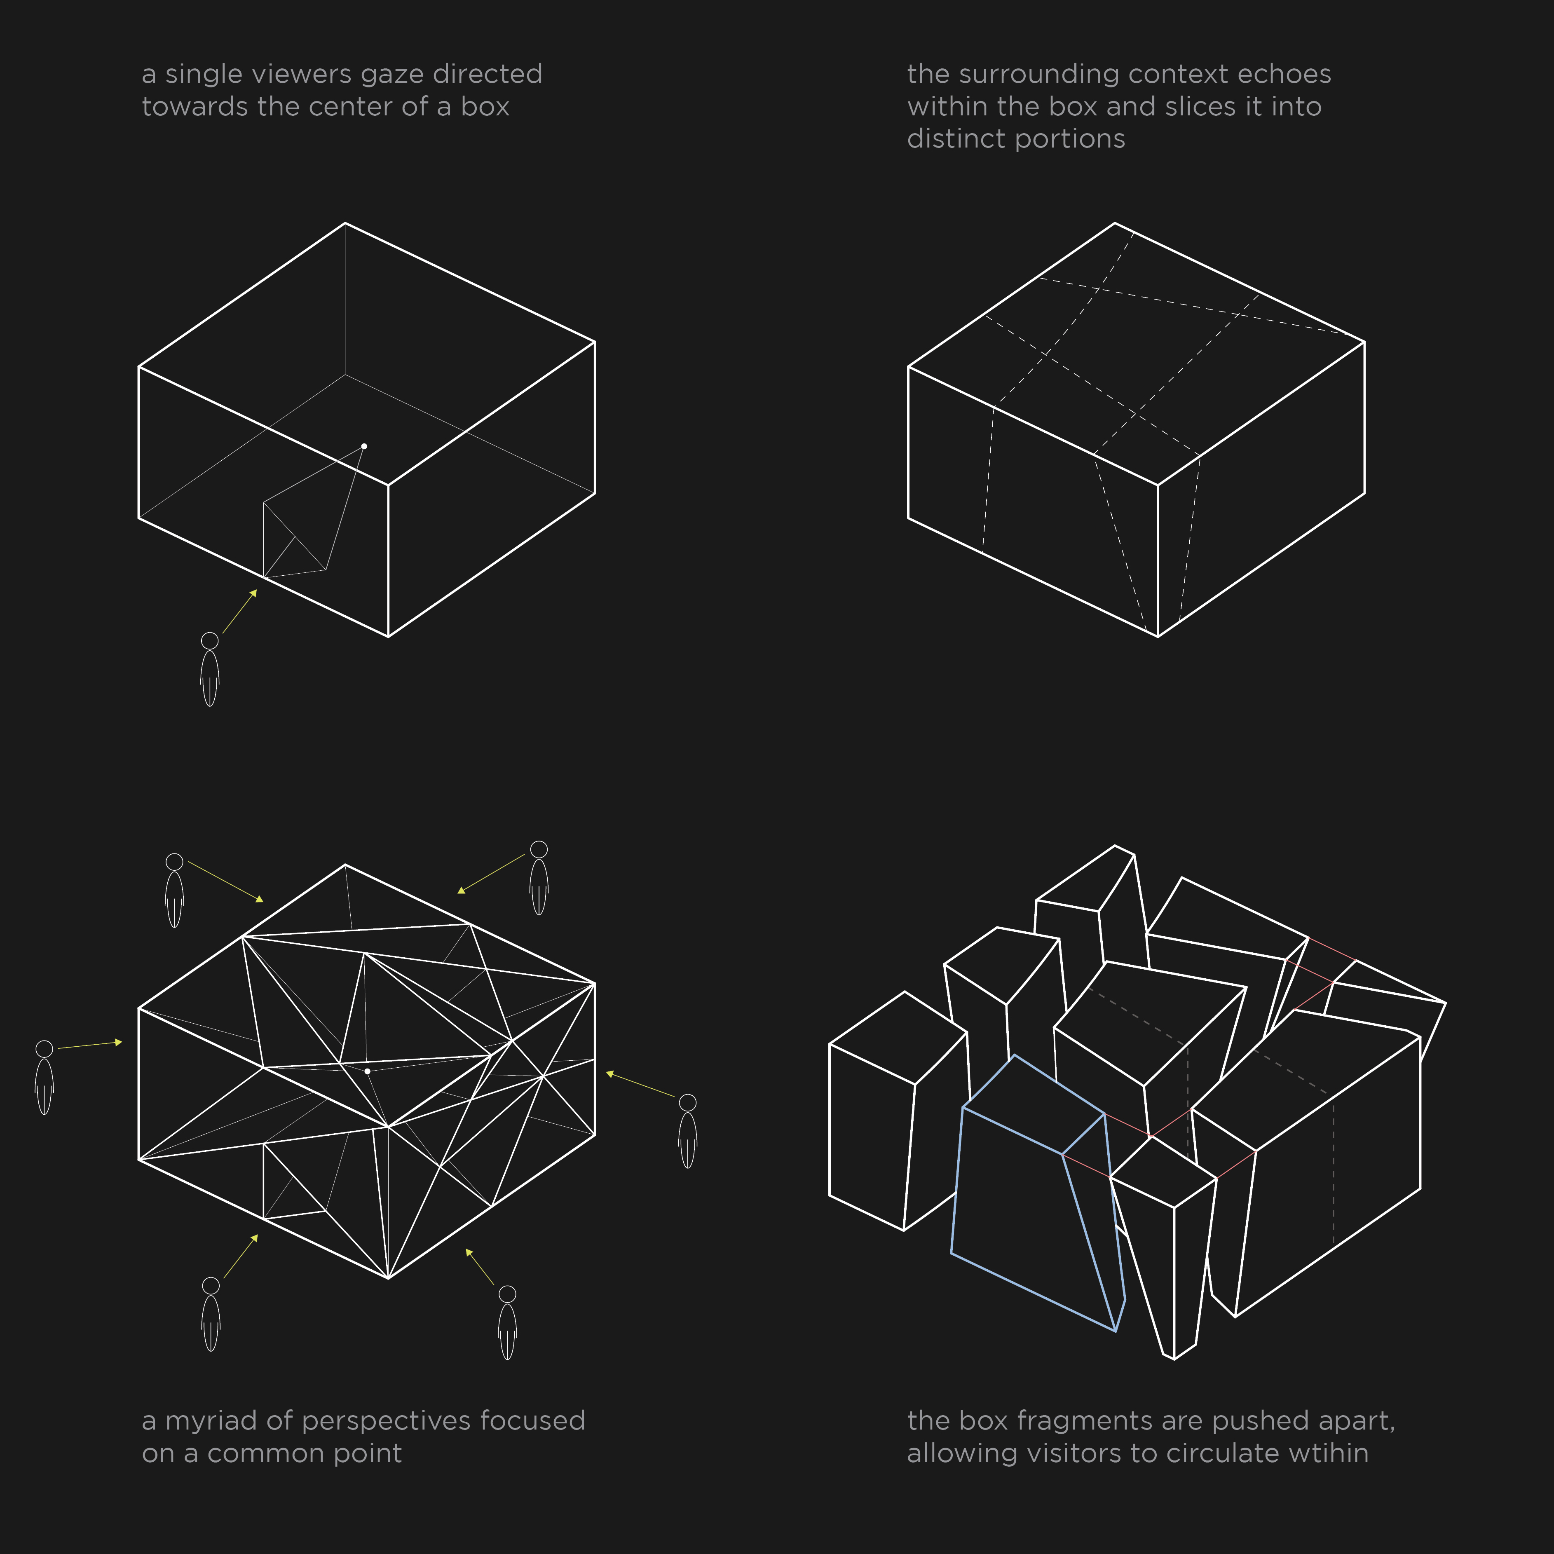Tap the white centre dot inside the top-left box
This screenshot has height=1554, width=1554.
364,445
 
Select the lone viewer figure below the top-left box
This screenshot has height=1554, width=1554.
210,669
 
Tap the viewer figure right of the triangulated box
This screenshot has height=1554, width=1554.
688,1131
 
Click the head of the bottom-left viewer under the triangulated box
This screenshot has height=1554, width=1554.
211,1285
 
